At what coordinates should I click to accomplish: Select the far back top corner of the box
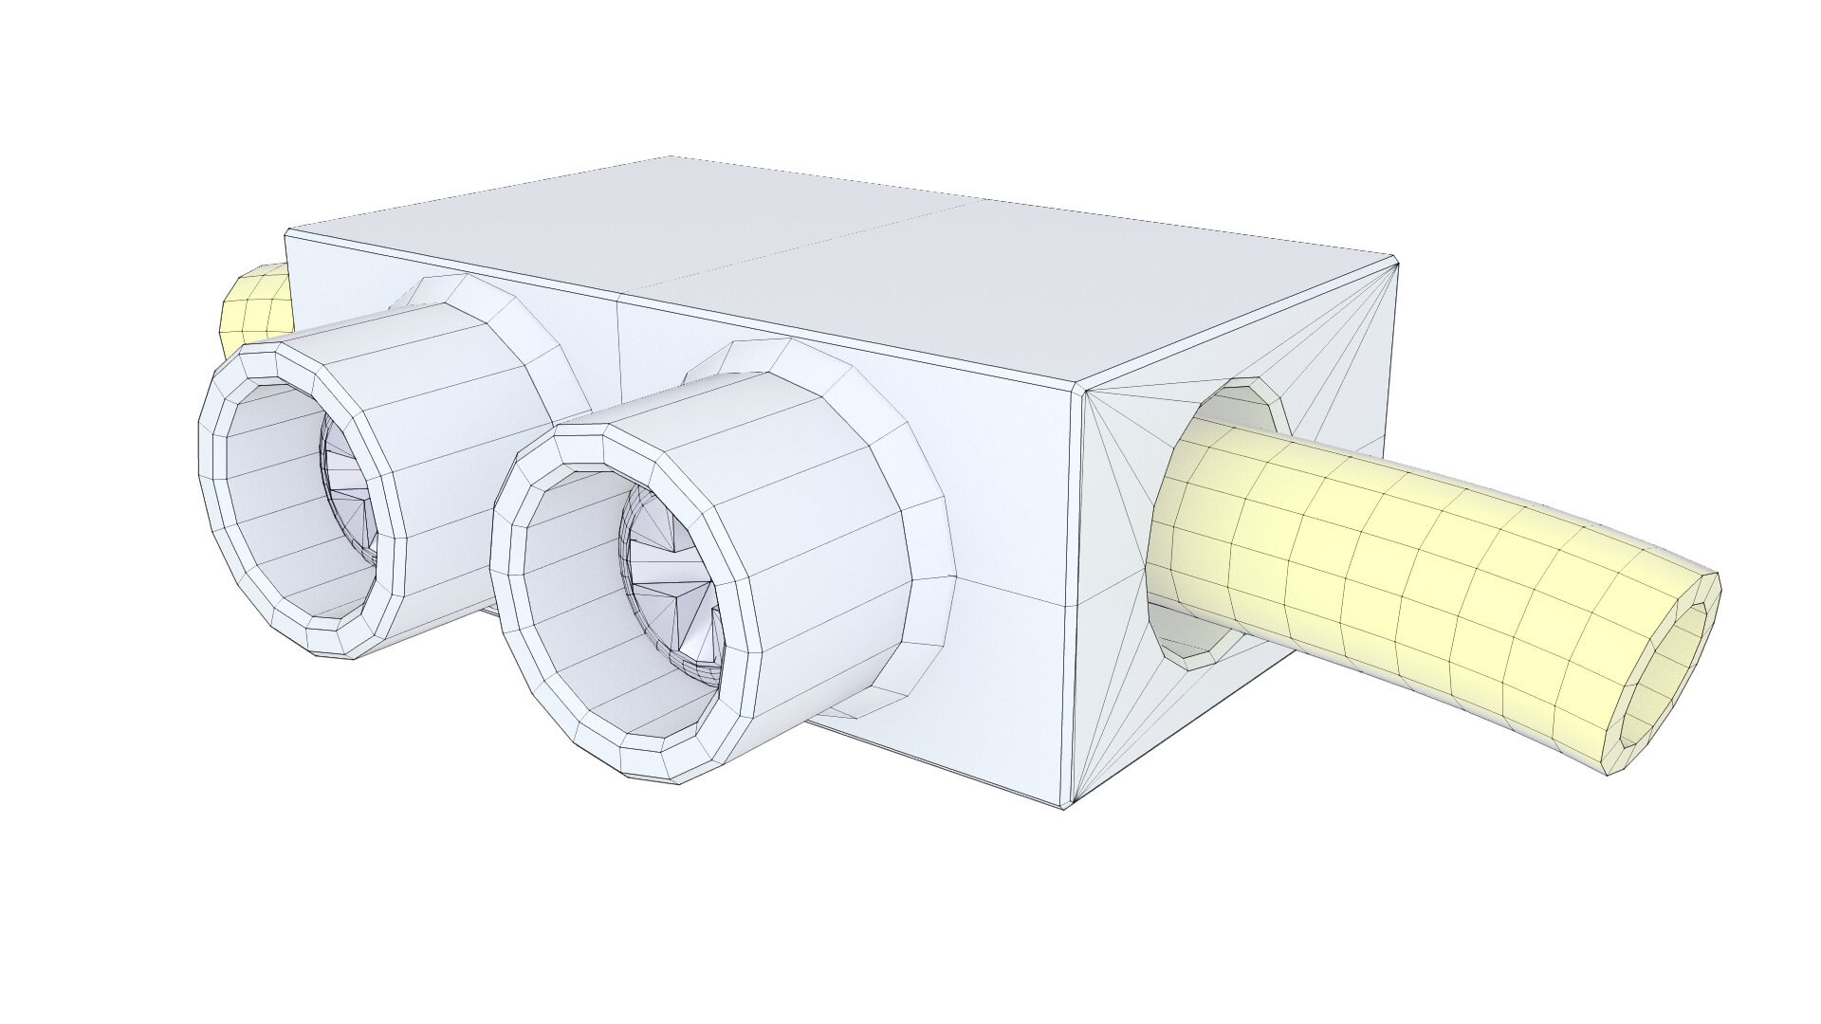click(x=671, y=156)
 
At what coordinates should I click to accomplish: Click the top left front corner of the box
click(x=287, y=229)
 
